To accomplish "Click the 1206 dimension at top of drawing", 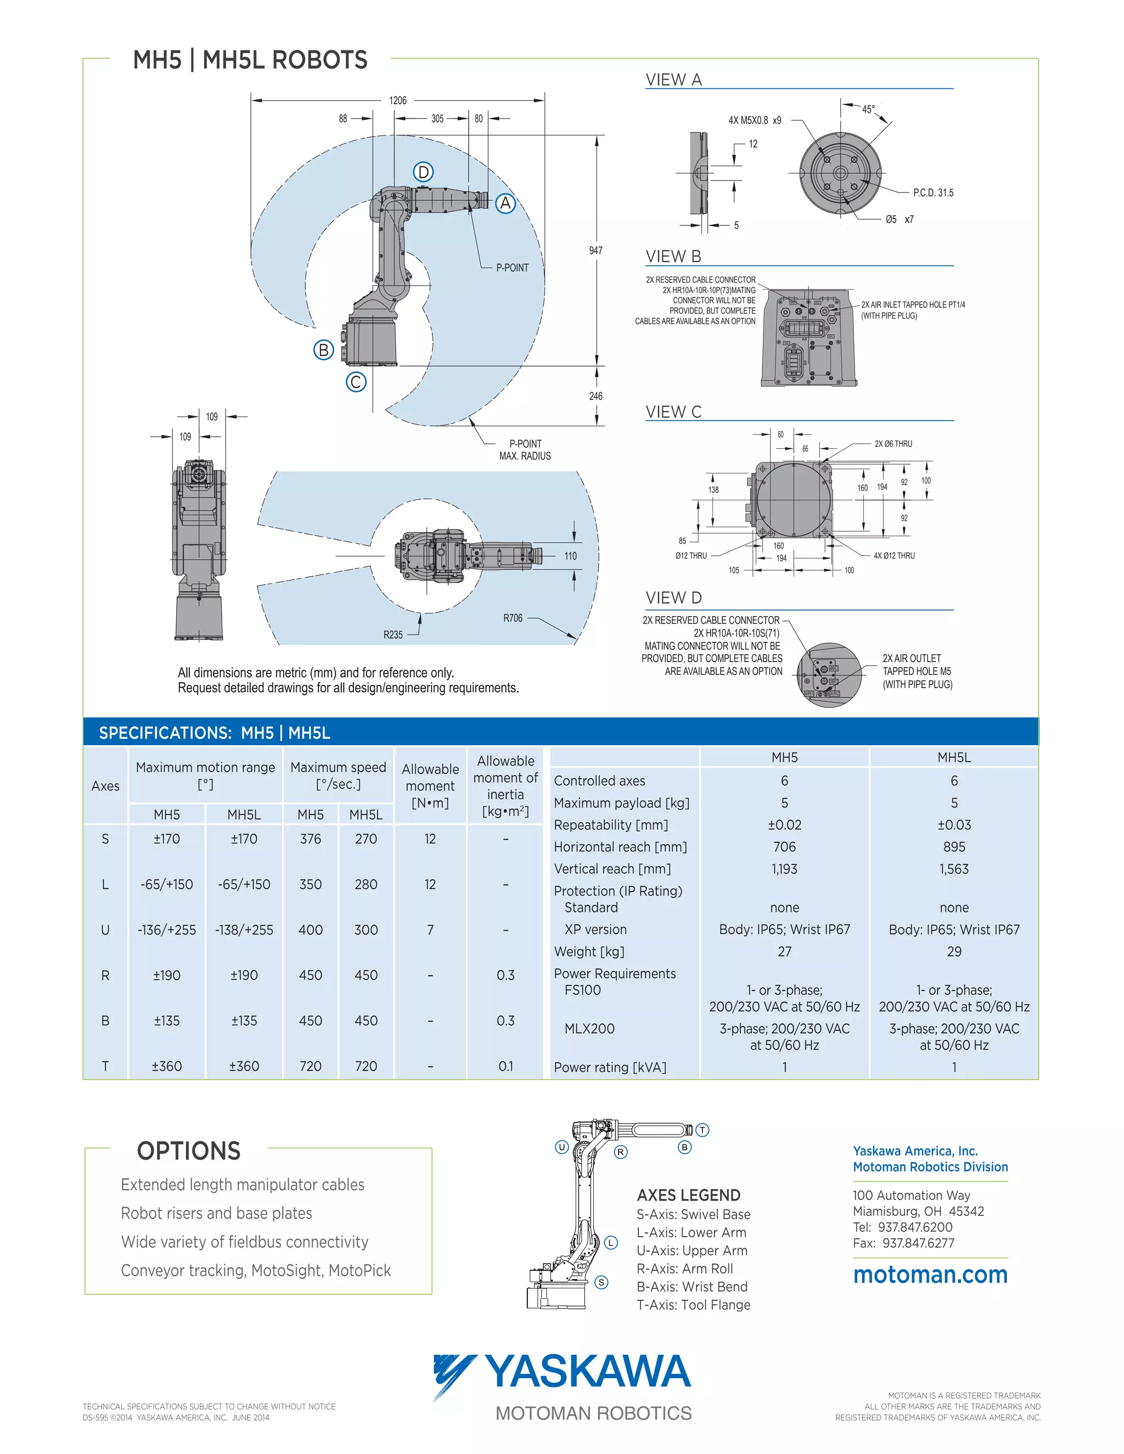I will click(397, 100).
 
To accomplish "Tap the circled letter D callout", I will click(424, 172).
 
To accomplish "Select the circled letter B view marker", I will click(324, 350).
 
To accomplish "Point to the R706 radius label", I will click(513, 618).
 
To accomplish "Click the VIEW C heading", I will click(673, 412).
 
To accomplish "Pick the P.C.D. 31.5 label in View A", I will click(933, 193).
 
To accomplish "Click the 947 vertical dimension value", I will click(595, 250).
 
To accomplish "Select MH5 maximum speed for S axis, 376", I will click(310, 839).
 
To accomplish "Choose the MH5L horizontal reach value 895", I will click(953, 847).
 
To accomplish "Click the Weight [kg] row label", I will click(589, 951).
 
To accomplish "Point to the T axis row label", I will click(105, 1066).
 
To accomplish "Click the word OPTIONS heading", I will click(188, 1151).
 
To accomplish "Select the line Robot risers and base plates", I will click(216, 1213).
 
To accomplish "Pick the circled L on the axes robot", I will click(611, 1242).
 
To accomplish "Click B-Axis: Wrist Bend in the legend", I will click(692, 1286).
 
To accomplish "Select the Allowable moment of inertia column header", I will click(505, 786).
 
